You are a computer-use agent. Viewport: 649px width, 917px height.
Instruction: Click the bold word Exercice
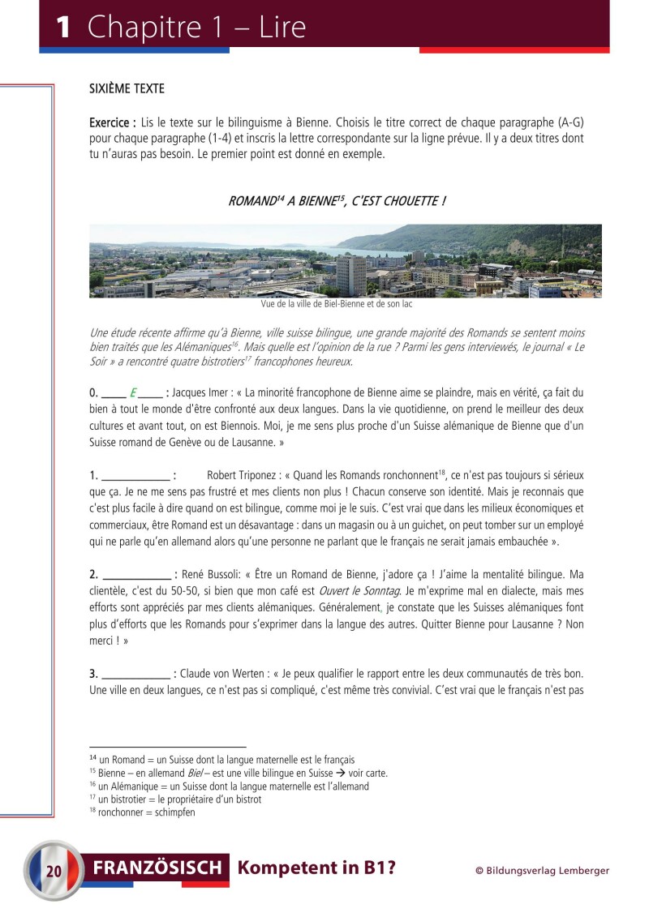click(112, 122)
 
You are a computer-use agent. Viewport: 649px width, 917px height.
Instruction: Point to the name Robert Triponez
click(242, 475)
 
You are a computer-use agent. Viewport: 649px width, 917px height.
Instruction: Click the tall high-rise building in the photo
click(350, 276)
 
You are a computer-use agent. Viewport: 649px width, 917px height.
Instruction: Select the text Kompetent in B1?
click(316, 868)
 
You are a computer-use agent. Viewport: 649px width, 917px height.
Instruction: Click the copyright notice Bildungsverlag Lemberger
click(542, 871)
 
